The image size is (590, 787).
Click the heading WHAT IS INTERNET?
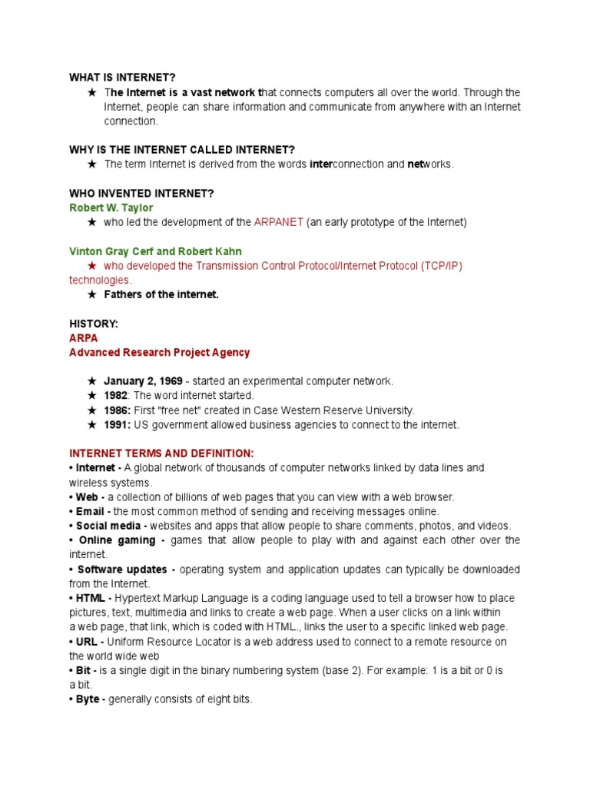122,78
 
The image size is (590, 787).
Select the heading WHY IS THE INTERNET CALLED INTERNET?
182,149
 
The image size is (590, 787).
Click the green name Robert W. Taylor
111,208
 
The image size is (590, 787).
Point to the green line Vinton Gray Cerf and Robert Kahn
156,251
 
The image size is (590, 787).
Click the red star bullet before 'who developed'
92,266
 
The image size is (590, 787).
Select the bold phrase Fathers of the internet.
161,295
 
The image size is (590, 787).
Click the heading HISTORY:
94,324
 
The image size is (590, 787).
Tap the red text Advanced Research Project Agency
159,353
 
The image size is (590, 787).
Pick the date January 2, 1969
144,381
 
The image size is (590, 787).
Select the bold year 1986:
118,410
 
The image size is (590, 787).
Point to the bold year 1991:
118,425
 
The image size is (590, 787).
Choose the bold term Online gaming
119,540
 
